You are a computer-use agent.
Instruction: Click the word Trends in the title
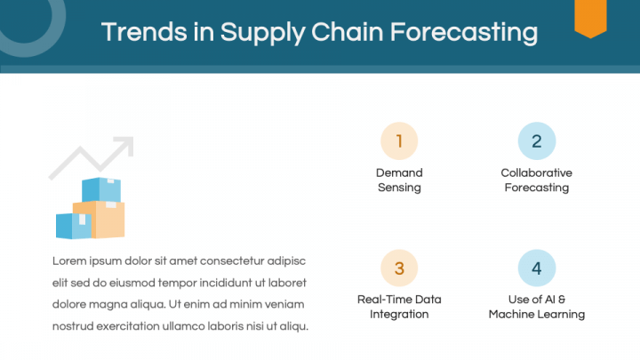133,33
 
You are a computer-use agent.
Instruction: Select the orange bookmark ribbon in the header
589,17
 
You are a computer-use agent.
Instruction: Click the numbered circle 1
399,140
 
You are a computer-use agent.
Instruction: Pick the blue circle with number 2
536,140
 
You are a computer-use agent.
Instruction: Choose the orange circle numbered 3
399,268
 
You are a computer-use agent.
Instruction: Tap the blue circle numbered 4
536,268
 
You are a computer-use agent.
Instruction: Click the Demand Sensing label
399,180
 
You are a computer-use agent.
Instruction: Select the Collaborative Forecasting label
536,180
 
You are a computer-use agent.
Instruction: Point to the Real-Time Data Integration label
399,307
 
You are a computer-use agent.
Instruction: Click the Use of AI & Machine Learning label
536,307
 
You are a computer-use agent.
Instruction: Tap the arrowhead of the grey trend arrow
124,144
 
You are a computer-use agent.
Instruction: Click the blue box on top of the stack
100,189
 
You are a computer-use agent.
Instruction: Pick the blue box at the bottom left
73,225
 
